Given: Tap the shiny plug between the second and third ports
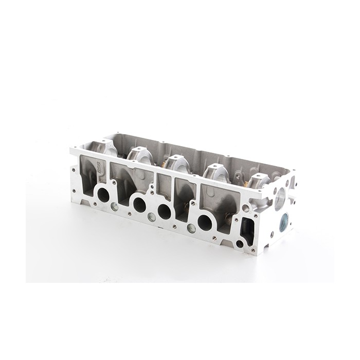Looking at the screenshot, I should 151,217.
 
